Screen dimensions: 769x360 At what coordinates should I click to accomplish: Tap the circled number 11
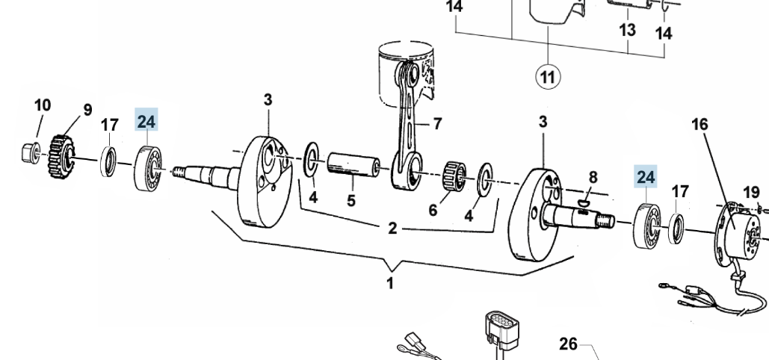547,77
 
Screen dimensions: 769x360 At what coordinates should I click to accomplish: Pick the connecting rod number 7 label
437,123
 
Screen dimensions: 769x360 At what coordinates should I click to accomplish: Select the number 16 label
699,125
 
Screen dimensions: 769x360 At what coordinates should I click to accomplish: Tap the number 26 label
568,344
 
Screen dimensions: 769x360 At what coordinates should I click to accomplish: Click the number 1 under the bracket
390,284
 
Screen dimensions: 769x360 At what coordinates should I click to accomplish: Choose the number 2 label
392,229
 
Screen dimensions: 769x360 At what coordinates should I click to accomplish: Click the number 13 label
627,30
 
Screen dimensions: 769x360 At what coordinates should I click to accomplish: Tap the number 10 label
43,105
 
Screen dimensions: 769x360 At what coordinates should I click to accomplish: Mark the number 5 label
351,201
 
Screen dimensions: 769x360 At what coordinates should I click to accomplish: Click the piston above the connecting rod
406,75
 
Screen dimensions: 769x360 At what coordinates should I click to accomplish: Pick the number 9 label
87,110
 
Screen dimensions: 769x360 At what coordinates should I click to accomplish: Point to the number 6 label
433,211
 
